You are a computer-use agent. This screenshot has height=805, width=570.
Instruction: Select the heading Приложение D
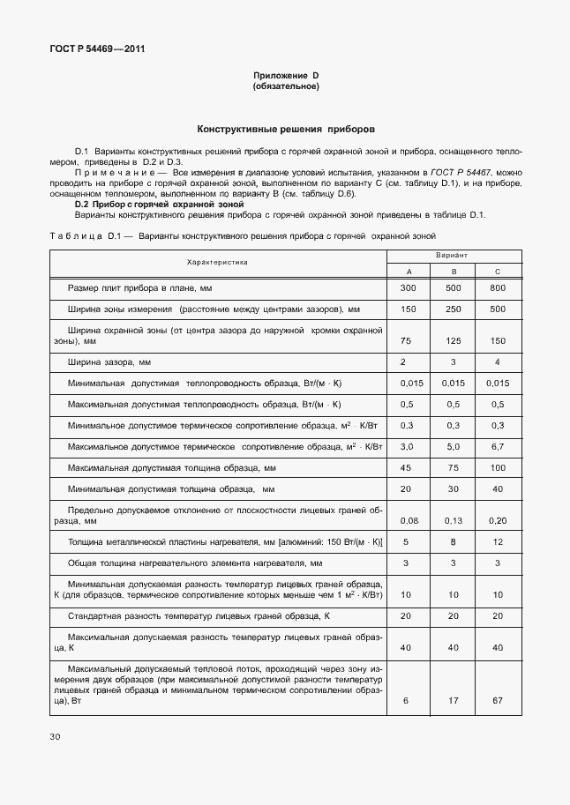285,77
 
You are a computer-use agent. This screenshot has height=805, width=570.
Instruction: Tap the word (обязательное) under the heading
285,86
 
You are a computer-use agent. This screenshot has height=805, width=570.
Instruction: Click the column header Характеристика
217,262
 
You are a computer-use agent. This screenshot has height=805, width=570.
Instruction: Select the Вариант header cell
453,254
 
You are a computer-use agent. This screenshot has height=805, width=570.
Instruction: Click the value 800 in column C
498,288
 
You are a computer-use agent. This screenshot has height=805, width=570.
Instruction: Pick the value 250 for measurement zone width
453,309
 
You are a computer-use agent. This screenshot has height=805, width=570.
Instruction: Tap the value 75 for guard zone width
408,340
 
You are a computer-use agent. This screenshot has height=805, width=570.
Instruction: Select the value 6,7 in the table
498,447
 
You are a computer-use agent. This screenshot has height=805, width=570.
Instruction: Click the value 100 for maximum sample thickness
498,467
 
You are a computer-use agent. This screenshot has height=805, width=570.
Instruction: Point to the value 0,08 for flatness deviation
408,520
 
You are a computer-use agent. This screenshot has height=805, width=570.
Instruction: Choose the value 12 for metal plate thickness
498,541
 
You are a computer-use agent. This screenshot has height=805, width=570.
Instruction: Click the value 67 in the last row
498,700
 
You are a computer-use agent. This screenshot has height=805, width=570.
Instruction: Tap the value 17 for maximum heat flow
453,700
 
